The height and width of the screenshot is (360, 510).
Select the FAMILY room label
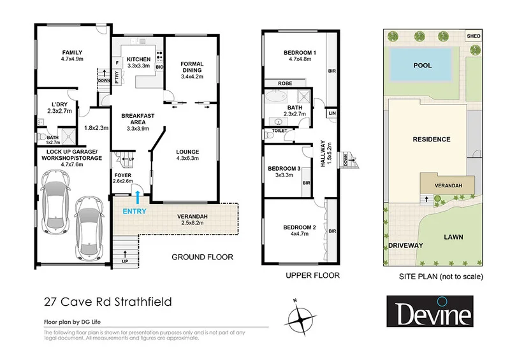click(73, 53)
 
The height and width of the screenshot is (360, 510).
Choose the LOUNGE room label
click(188, 152)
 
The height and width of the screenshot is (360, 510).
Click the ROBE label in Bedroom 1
click(284, 83)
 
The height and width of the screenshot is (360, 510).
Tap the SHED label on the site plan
click(473, 36)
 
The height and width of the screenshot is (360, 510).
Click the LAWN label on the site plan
click(454, 237)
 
